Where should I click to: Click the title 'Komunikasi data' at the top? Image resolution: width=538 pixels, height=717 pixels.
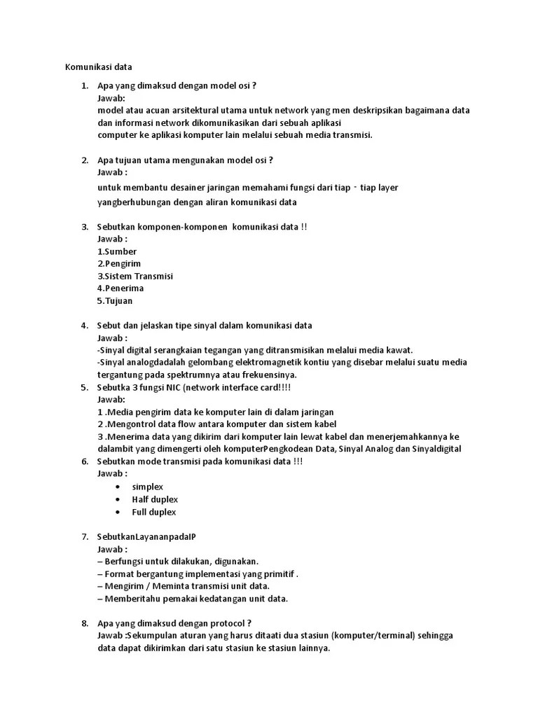click(98, 67)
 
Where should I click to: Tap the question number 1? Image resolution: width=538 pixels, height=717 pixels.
click(84, 86)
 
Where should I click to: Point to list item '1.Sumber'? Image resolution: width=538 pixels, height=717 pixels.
click(117, 251)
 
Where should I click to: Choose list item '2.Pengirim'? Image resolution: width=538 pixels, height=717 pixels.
click(119, 264)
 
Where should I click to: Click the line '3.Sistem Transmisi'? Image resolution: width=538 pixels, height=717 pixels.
click(135, 276)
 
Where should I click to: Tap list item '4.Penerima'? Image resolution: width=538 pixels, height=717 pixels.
click(120, 288)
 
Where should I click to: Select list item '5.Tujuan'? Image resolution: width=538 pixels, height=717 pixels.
click(115, 301)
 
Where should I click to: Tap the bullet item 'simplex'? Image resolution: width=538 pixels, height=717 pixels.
click(148, 487)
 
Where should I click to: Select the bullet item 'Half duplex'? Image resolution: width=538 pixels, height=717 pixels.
click(155, 499)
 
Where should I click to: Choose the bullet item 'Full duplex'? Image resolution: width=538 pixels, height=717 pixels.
click(154, 512)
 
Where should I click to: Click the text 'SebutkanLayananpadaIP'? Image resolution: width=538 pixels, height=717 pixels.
click(146, 536)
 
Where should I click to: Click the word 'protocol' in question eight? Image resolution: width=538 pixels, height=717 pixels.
click(227, 623)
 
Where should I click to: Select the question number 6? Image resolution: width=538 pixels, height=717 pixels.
click(84, 461)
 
